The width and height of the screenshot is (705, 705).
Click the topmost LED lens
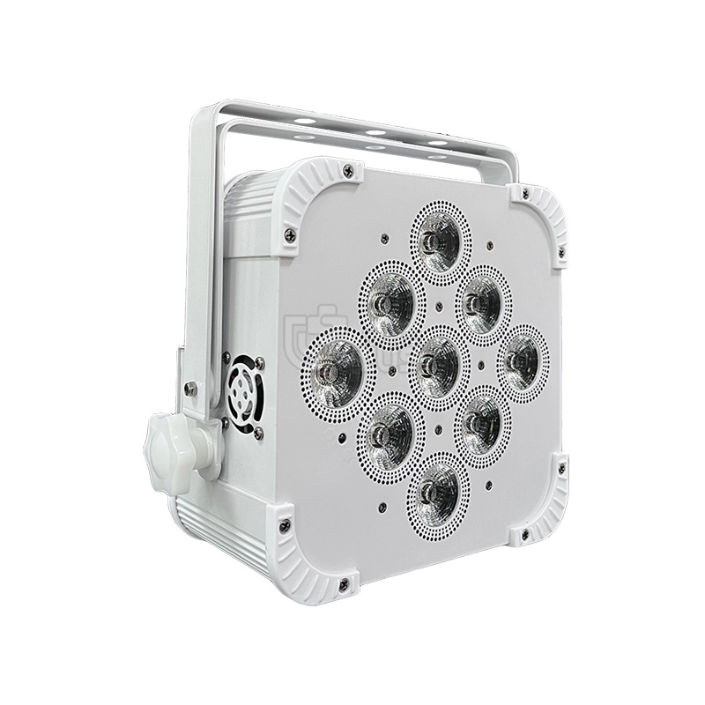(x=438, y=234)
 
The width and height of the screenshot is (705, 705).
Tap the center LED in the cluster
(x=438, y=361)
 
